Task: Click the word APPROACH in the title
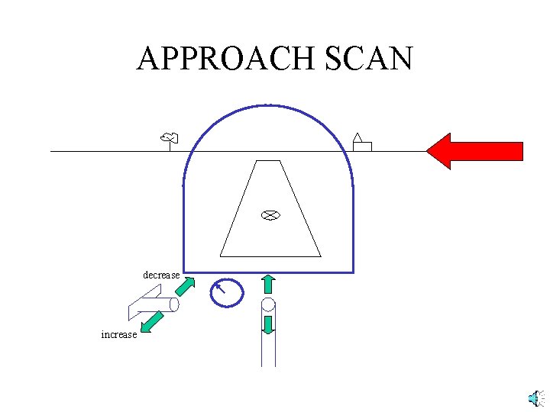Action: (x=222, y=59)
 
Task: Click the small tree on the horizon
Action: (x=169, y=138)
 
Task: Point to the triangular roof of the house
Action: (x=357, y=137)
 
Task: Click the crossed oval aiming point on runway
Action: (x=269, y=215)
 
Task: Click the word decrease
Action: (x=161, y=275)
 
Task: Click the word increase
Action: (x=119, y=334)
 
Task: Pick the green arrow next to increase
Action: (x=154, y=321)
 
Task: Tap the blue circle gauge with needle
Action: (x=227, y=292)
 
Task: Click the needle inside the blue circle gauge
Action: (x=221, y=288)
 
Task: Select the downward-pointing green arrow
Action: (x=268, y=323)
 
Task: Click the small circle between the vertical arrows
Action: (x=268, y=304)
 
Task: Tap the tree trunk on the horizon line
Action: (x=169, y=146)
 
